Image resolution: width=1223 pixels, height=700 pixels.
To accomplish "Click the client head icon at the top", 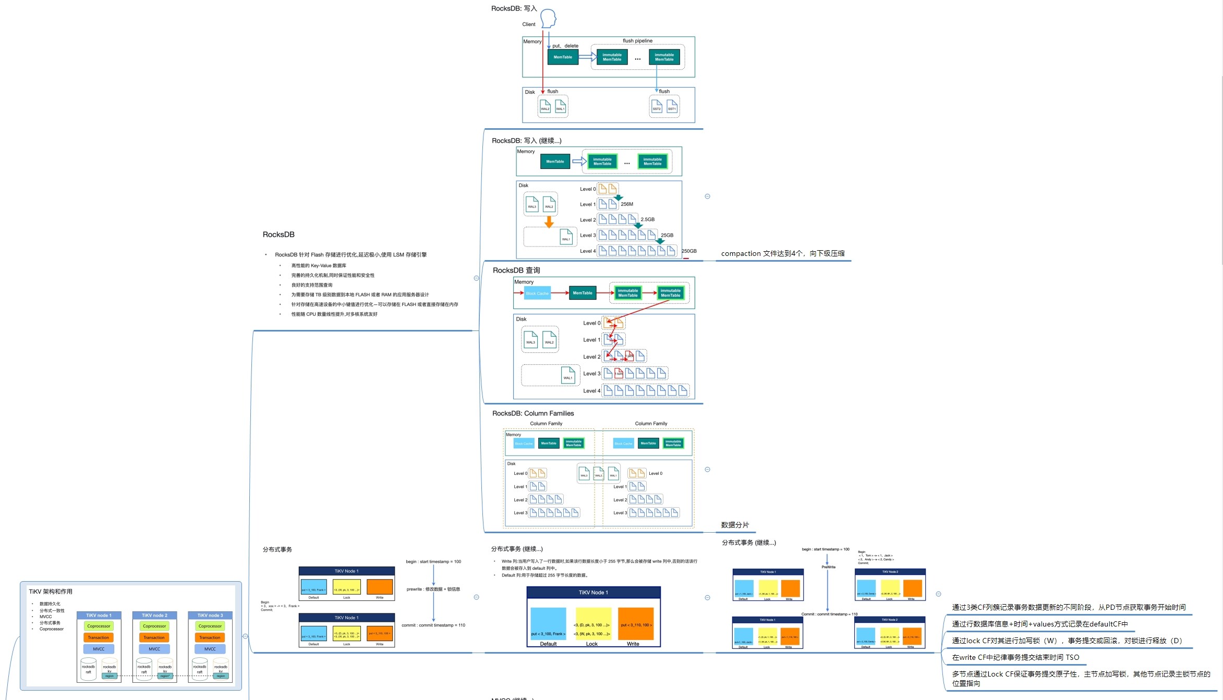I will (x=548, y=18).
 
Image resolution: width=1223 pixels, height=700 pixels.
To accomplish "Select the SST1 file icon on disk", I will (x=672, y=106).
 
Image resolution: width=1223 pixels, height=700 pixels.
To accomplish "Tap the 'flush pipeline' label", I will (x=637, y=41).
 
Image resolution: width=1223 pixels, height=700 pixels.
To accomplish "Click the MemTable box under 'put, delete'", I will (x=563, y=57).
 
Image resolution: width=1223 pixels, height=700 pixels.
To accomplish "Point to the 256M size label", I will (x=627, y=204).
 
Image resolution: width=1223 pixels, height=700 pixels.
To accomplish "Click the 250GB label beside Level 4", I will (x=689, y=251).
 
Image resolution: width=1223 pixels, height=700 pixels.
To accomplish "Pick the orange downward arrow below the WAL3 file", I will (x=549, y=222).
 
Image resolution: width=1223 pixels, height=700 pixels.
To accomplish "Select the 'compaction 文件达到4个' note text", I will (x=782, y=254).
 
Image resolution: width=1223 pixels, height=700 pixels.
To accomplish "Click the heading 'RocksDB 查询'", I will (x=516, y=270).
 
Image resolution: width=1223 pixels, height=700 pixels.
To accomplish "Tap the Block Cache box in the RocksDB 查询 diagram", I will (x=537, y=293).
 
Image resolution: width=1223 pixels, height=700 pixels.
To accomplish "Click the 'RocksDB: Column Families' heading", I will (x=533, y=413).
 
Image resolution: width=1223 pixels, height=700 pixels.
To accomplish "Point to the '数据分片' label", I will (x=735, y=525).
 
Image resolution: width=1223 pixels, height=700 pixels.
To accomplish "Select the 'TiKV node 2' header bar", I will (x=154, y=616).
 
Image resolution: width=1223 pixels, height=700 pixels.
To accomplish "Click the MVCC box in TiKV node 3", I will (x=210, y=649).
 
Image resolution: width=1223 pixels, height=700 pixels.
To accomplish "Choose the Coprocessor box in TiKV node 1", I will (x=99, y=626).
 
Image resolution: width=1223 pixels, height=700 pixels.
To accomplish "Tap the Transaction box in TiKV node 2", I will (x=154, y=637).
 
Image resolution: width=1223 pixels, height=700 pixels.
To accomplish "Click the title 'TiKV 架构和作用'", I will (x=51, y=592).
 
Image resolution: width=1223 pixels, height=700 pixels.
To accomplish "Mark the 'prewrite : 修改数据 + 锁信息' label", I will (x=433, y=590).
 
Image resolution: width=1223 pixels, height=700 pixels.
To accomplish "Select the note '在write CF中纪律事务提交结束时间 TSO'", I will (x=1015, y=657).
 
